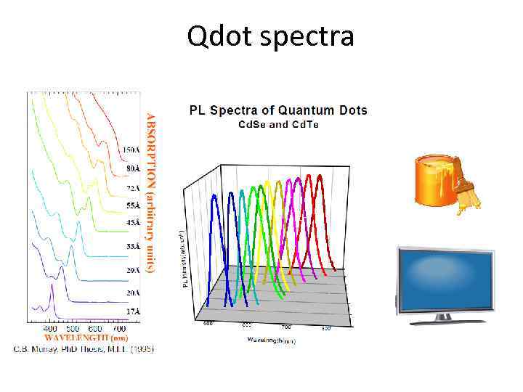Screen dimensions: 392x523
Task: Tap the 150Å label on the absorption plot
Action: pos(131,150)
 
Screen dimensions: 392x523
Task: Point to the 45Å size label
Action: pos(131,222)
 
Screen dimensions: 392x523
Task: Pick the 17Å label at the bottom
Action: pos(131,311)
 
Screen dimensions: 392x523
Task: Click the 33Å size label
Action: pos(131,247)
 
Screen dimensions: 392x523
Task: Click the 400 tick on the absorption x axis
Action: pos(52,329)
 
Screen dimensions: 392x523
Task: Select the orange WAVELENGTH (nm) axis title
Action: pos(86,338)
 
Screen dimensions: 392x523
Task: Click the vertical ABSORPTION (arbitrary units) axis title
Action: pos(151,192)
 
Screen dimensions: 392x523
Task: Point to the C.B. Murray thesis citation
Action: pos(84,348)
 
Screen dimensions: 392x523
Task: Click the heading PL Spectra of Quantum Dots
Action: pos(278,110)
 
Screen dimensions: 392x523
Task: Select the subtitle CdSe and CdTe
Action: pos(279,124)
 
